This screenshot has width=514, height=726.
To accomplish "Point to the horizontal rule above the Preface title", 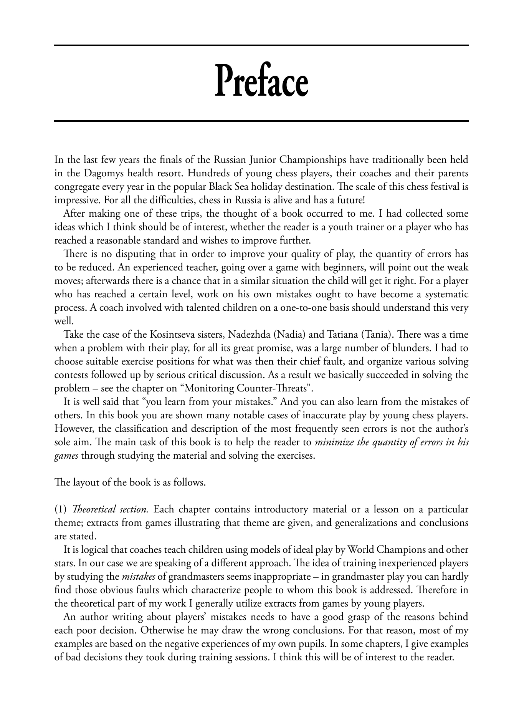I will pos(261,46).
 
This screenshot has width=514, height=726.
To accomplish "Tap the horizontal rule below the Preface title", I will pos(261,121).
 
